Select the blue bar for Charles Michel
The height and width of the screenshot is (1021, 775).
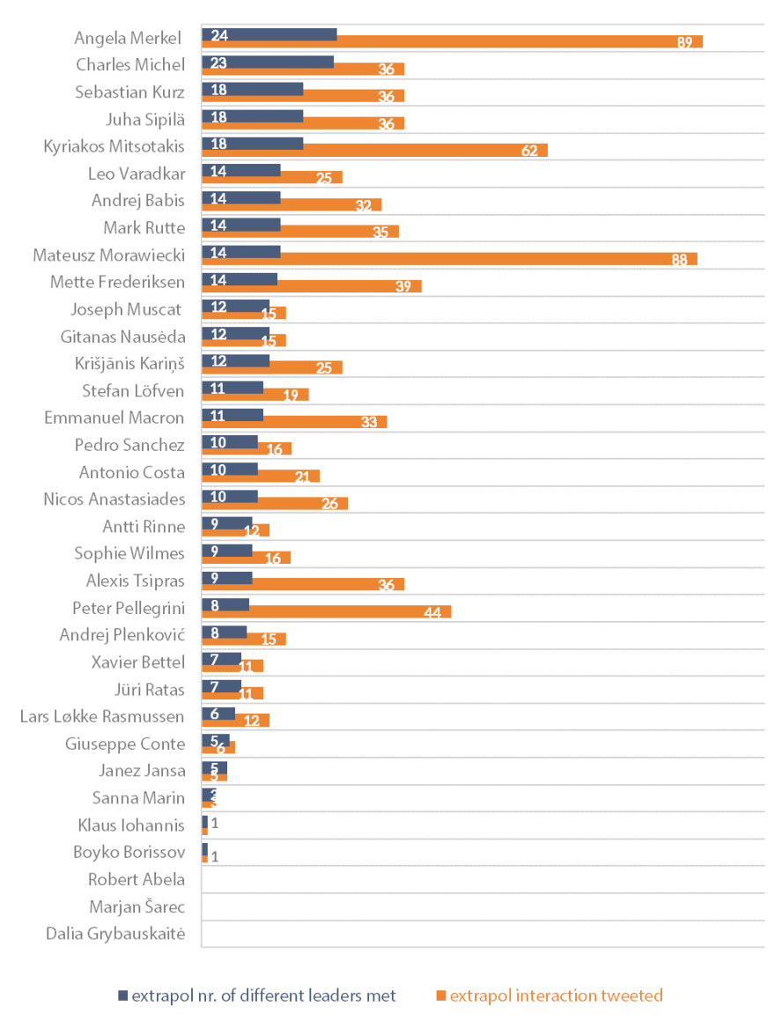click(x=268, y=62)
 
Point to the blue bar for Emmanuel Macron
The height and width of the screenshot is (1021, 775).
click(x=232, y=415)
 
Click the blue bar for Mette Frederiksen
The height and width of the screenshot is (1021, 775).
click(x=240, y=279)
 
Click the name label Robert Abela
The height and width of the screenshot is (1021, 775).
click(x=137, y=879)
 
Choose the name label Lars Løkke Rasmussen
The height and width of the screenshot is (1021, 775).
click(x=102, y=716)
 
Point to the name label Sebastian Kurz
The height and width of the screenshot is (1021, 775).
click(x=130, y=92)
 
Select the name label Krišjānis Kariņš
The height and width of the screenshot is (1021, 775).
click(x=123, y=364)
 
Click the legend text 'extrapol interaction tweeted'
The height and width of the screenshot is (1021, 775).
click(x=556, y=996)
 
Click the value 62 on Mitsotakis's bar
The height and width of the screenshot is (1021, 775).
click(x=529, y=151)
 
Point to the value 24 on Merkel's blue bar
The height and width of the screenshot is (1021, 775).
click(x=219, y=35)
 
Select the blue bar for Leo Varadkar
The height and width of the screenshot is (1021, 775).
click(x=241, y=171)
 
